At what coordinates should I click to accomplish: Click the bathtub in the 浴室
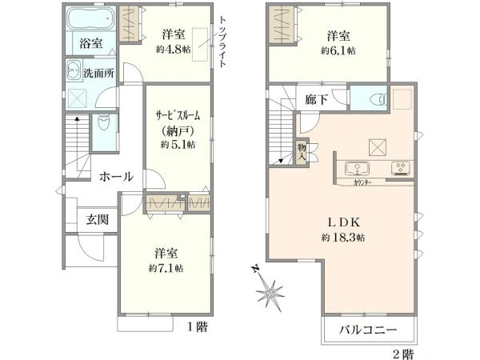[90, 18]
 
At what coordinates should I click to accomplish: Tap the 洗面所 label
[99, 73]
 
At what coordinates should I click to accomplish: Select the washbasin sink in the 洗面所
[74, 70]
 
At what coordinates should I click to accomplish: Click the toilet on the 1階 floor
[103, 122]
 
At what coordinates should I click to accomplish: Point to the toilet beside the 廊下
[378, 99]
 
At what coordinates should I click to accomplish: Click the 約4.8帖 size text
[173, 50]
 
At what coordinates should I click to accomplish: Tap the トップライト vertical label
[223, 42]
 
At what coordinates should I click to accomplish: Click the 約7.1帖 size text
[166, 268]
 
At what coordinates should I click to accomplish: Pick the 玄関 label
[97, 219]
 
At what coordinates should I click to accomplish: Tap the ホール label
[116, 176]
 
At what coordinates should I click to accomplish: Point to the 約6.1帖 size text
[338, 50]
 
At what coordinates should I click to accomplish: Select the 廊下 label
[317, 99]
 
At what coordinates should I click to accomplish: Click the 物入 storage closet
[302, 153]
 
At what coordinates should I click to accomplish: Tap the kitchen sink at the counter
[357, 169]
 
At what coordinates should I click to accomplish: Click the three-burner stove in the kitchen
[401, 169]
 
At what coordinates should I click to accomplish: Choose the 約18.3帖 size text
[343, 238]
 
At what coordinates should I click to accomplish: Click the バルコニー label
[368, 330]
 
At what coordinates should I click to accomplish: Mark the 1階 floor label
[198, 327]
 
